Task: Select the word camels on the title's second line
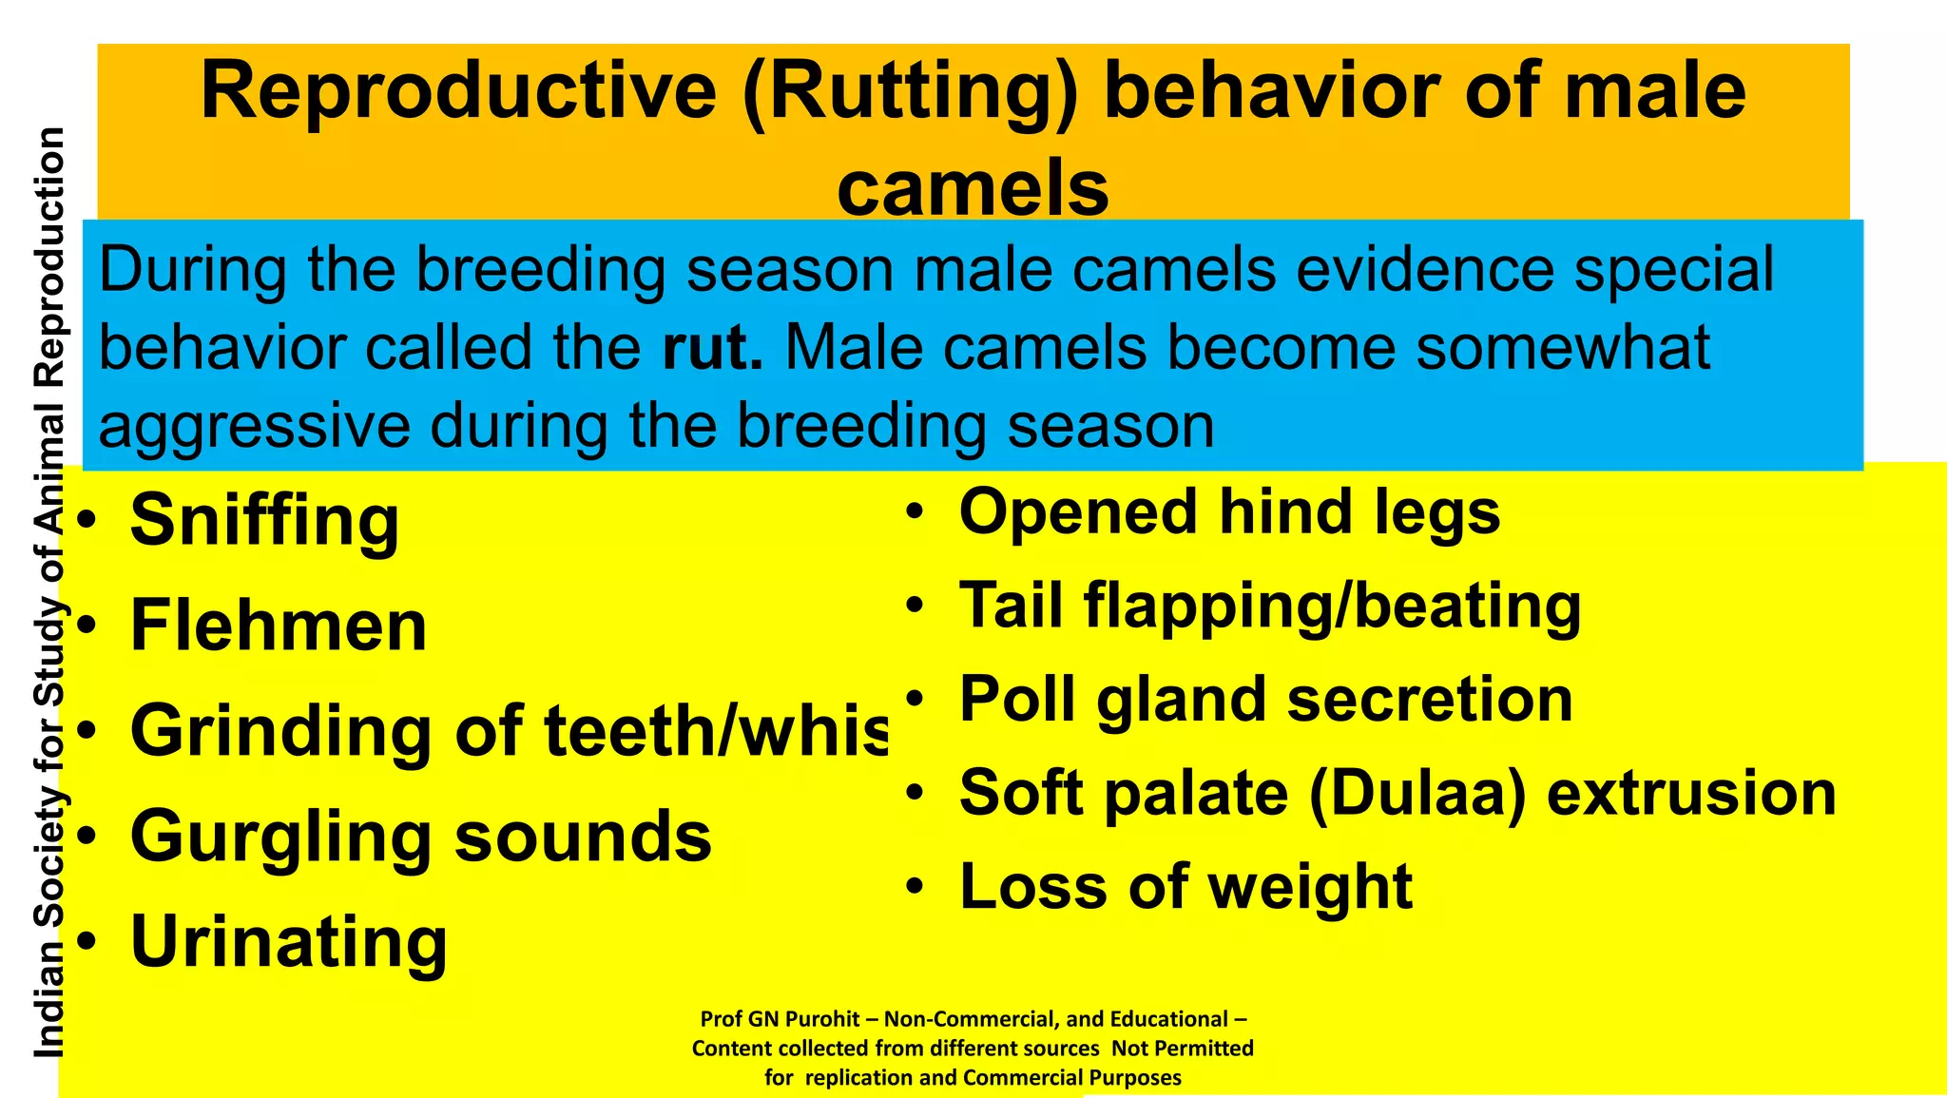pyautogui.click(x=973, y=187)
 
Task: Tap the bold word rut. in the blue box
pyautogui.click(x=712, y=348)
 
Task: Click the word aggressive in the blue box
pyautogui.click(x=255, y=426)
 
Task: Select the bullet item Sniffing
pyautogui.click(x=264, y=521)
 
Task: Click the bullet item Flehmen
pyautogui.click(x=279, y=626)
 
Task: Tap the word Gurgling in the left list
pyautogui.click(x=281, y=838)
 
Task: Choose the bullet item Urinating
pyautogui.click(x=288, y=942)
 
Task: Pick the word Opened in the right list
pyautogui.click(x=1077, y=512)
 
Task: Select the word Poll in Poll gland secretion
pyautogui.click(x=1017, y=700)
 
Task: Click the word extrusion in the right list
pyautogui.click(x=1691, y=793)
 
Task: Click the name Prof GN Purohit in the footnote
pyautogui.click(x=781, y=1019)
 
